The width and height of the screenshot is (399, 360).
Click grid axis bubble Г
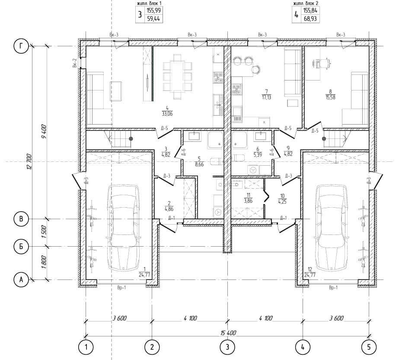pos(21,46)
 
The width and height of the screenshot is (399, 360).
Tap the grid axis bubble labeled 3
pos(227,347)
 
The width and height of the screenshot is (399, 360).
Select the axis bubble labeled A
pos(21,280)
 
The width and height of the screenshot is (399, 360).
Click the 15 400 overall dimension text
pos(228,333)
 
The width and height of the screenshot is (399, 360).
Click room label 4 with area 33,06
pos(167,111)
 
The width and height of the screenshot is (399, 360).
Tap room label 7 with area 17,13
pos(266,94)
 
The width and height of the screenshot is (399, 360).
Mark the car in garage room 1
pos(123,228)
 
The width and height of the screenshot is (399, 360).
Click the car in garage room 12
pos(332,228)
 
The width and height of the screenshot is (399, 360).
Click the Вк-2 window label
pos(74,63)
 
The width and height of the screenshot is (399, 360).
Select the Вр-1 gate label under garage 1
pos(121,288)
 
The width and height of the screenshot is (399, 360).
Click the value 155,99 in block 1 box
pos(153,10)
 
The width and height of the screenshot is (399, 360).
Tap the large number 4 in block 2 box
pos(296,15)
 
